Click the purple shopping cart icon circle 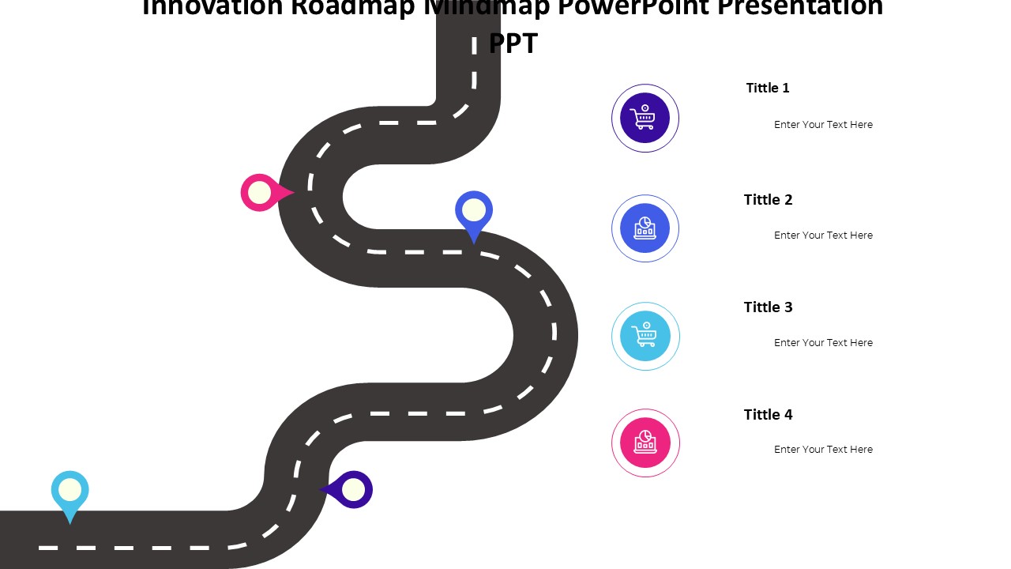(645, 118)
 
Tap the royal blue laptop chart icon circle (645, 228)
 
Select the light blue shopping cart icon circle (645, 336)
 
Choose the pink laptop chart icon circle (645, 443)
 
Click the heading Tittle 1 (768, 88)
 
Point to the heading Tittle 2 (768, 200)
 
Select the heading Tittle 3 (768, 307)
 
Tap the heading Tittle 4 (768, 415)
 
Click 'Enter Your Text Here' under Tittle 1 (823, 125)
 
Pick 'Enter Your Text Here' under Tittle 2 (823, 236)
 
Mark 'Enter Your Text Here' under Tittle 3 (823, 343)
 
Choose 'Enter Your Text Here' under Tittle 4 (823, 450)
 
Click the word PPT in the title (513, 43)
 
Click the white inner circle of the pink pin (259, 192)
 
